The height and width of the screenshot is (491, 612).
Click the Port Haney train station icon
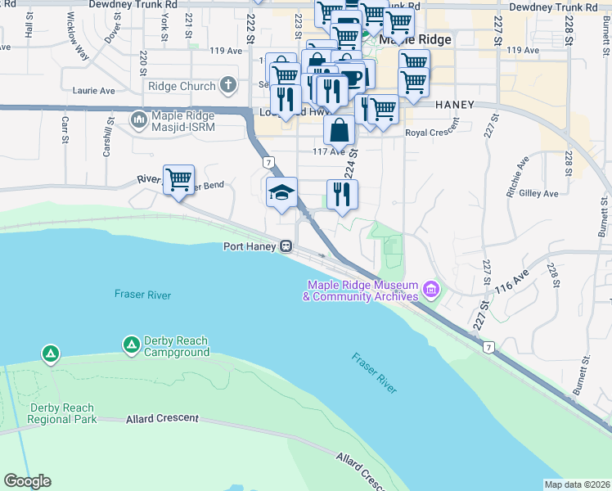287,245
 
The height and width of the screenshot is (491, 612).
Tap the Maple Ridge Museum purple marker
431,290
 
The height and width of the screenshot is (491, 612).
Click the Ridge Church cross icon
227,86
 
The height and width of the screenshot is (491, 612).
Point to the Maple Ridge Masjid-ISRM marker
138,120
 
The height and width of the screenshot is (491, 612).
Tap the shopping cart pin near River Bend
178,179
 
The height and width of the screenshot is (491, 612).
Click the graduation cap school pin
281,192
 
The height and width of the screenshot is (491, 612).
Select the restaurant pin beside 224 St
342,194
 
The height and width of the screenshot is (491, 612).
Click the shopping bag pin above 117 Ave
339,129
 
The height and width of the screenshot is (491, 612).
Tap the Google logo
27,481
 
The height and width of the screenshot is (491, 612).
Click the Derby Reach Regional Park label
61,413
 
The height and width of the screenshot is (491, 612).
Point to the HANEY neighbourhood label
455,105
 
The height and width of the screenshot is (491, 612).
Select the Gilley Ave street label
539,194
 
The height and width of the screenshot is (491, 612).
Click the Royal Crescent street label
428,132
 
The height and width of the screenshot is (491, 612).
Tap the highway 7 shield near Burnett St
488,347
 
